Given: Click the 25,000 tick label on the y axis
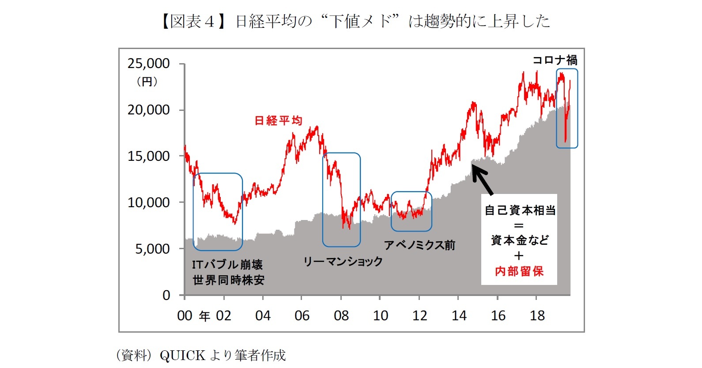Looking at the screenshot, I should coord(148,64).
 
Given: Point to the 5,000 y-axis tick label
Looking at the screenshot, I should coord(152,249).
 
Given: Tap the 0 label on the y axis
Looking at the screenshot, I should coord(166,295).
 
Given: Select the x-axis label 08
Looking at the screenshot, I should coord(341,315).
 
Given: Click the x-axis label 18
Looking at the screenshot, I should coord(537,315).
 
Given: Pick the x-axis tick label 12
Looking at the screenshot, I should coord(419,315).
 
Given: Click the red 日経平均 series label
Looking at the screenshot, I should coord(278,120).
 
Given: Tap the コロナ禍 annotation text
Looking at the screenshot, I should coord(555,60).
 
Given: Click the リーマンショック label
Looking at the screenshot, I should coord(343,262).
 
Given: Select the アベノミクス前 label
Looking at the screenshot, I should coord(419,245).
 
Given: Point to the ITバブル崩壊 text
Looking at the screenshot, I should coord(227,265).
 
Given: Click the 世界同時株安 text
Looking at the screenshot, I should coord(228,280).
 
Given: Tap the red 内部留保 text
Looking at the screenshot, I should coord(519,271).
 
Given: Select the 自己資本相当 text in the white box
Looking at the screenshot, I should coord(520,210).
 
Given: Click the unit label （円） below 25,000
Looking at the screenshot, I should coord(147,82).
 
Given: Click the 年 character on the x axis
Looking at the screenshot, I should coord(204,316).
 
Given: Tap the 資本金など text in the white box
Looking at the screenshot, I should coord(520,240).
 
